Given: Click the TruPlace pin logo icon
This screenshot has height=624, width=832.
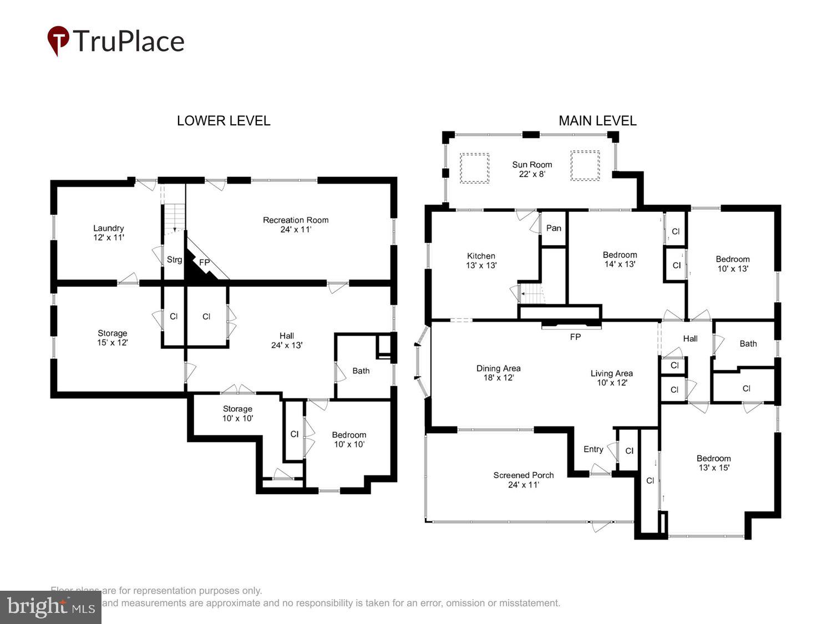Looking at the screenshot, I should click(58, 40).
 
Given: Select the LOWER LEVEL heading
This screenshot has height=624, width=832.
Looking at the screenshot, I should click(224, 121).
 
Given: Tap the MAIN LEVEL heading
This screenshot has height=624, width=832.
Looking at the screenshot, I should click(597, 121).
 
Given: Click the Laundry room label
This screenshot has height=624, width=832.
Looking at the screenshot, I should click(109, 232).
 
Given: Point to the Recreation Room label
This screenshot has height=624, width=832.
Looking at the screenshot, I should click(296, 225).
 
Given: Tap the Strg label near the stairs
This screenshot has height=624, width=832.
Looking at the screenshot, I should click(174, 260).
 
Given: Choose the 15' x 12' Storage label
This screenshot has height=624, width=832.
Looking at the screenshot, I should click(113, 338).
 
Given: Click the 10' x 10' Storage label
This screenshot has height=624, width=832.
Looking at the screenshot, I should click(237, 413).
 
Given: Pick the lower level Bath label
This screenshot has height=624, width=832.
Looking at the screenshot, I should click(361, 371).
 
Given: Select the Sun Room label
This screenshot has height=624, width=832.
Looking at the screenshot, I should click(532, 169).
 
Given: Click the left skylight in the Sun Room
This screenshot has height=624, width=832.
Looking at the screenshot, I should click(474, 168).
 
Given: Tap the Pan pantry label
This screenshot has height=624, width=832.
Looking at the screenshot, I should click(554, 228).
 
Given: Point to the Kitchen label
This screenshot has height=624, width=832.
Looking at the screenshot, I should click(481, 260).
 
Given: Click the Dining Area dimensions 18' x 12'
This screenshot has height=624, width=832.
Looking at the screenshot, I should click(498, 378).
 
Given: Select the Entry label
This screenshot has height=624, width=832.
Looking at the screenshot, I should click(593, 449).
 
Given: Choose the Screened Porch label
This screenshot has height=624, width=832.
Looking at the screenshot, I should click(524, 479).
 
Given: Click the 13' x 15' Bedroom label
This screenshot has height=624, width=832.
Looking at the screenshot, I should click(714, 463).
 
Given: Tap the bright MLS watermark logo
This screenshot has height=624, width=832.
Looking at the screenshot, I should click(50, 607).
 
